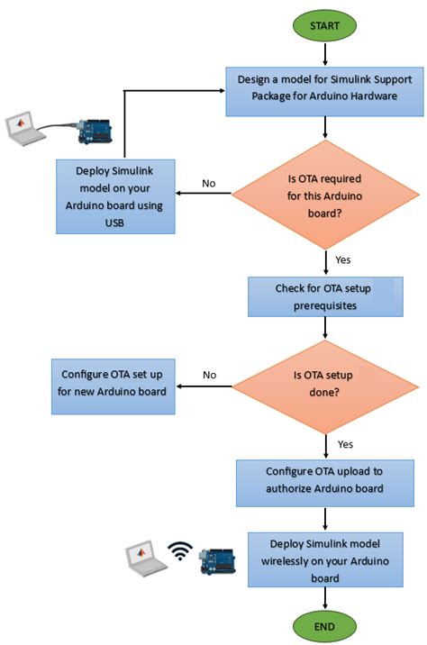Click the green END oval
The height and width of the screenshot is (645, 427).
(x=324, y=625)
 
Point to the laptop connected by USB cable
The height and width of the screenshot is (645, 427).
(x=24, y=128)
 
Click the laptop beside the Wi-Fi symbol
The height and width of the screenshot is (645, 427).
(x=144, y=558)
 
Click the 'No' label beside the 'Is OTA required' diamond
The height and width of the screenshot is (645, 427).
(x=208, y=183)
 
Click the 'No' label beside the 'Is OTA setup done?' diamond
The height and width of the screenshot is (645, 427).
(x=209, y=374)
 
